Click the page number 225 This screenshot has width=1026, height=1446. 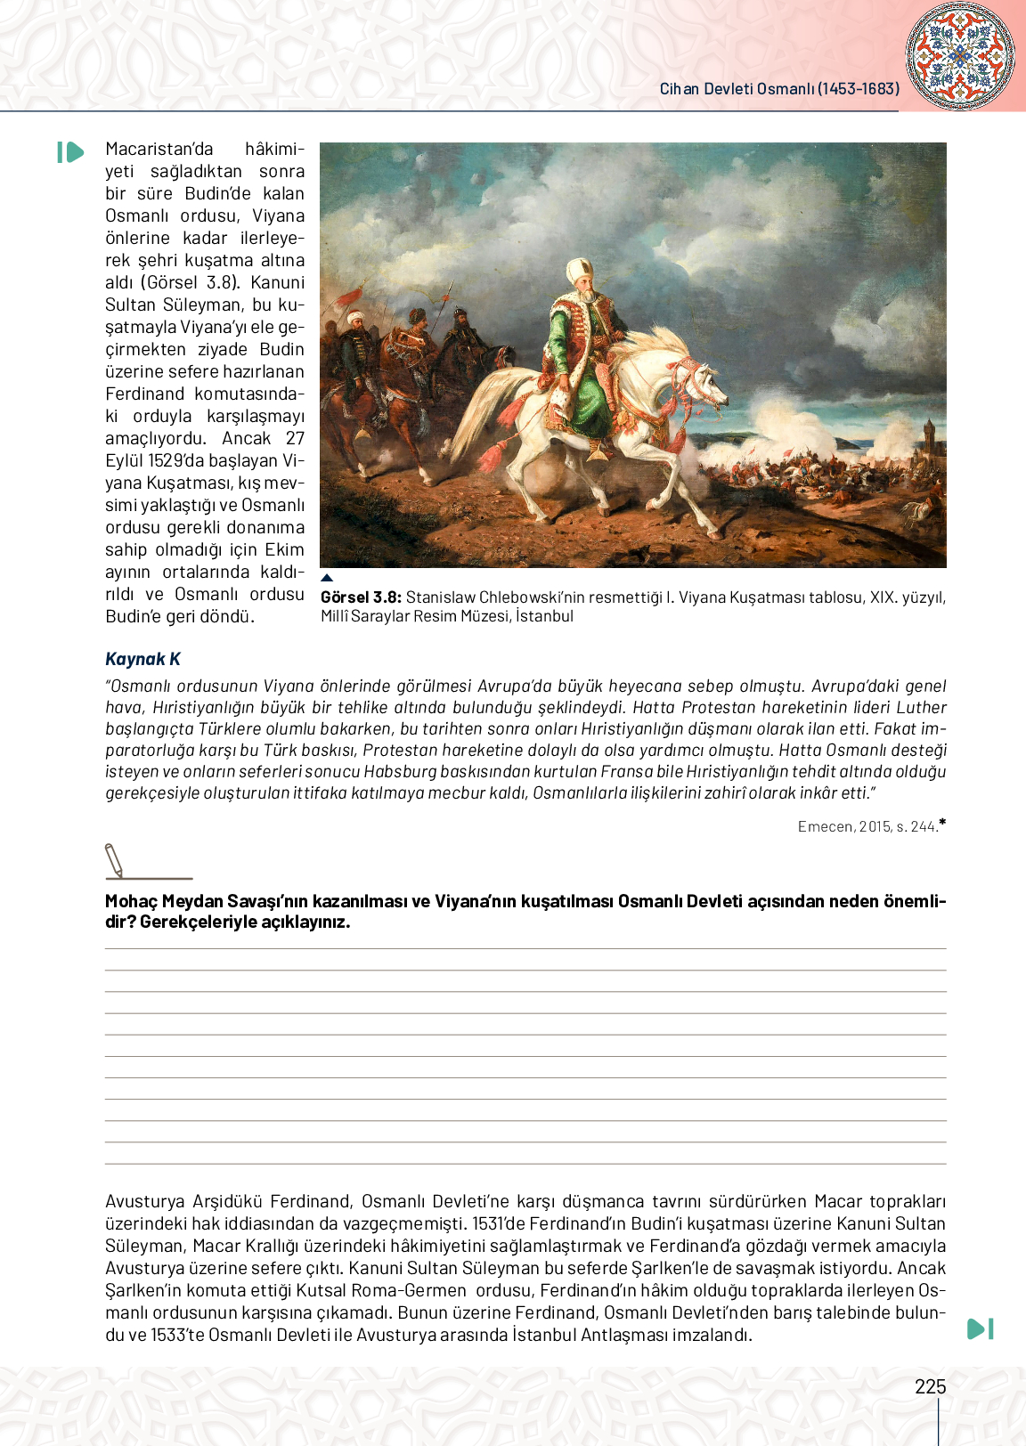[930, 1386]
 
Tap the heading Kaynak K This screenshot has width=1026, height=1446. [142, 659]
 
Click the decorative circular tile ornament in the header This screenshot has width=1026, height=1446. [959, 55]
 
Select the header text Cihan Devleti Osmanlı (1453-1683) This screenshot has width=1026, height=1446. [779, 89]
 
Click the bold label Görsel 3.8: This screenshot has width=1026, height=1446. [361, 597]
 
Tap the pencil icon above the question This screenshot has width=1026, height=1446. [114, 860]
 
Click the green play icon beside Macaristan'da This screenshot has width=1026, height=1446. [70, 152]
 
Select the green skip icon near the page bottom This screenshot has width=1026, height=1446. [980, 1328]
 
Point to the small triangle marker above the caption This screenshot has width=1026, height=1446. [327, 578]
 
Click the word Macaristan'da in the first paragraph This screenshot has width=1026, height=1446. [159, 149]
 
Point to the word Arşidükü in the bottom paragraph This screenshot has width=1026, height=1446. [227, 1201]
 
